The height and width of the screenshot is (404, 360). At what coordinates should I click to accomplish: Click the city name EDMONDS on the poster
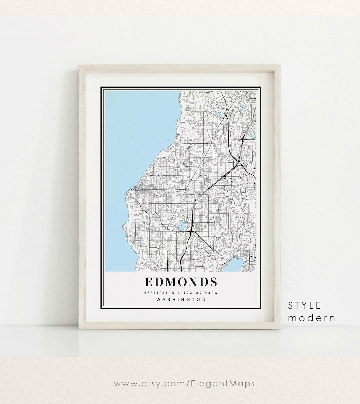(x=181, y=282)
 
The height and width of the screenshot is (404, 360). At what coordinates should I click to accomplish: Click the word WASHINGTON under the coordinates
(x=181, y=299)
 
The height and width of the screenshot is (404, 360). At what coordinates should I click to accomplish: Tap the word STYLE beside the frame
(x=305, y=306)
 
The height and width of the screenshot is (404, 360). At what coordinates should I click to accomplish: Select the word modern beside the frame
(x=311, y=318)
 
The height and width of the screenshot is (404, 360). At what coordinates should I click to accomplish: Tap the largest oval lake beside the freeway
(x=181, y=226)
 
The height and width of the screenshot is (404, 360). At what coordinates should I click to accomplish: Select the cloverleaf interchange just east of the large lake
(x=191, y=231)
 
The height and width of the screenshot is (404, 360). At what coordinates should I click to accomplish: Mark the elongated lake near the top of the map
(x=219, y=114)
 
